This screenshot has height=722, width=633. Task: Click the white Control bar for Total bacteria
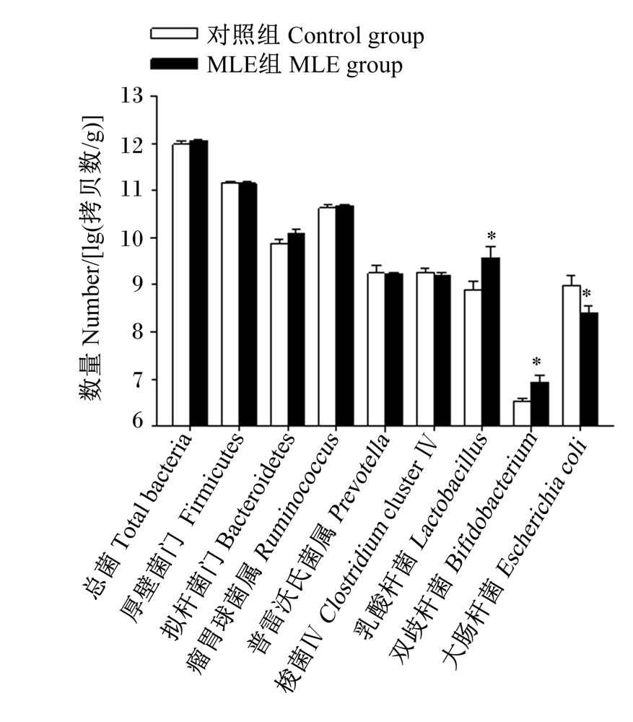tap(181, 284)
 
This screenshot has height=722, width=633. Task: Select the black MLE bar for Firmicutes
tap(248, 305)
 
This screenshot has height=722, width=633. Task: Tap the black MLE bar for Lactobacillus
tap(491, 342)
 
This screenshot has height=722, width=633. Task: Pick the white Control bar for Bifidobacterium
tap(522, 414)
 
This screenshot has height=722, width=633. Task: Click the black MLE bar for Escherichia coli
tap(589, 369)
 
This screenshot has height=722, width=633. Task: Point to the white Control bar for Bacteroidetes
tap(279, 335)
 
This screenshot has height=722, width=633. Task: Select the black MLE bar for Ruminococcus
tap(344, 316)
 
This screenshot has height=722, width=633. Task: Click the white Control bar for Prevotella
tap(376, 349)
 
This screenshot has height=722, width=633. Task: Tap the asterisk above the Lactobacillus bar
tap(492, 237)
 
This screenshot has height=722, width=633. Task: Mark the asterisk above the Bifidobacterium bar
tap(536, 362)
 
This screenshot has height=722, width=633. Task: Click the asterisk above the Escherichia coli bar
tap(587, 294)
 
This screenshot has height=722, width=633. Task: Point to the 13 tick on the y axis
tap(154, 96)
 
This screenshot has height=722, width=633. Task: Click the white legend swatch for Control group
tap(174, 34)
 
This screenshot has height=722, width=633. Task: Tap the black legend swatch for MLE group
tap(174, 64)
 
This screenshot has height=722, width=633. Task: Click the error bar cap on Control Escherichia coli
tap(572, 275)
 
